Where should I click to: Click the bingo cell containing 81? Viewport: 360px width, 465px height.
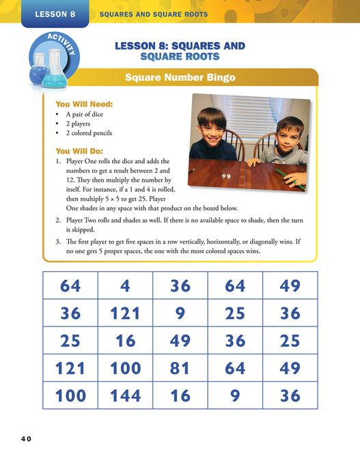click(180, 369)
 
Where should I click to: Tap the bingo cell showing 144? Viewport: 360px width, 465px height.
click(125, 396)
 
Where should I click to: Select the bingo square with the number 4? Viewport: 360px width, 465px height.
click(125, 285)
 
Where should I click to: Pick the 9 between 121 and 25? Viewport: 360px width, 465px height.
click(180, 313)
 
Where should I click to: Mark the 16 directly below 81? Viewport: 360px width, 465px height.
click(180, 396)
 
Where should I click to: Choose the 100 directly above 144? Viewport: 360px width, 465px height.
click(125, 369)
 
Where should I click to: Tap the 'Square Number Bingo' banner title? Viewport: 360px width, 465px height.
click(180, 78)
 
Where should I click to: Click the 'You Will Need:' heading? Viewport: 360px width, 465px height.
click(84, 104)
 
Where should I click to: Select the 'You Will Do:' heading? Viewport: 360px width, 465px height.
click(81, 151)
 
